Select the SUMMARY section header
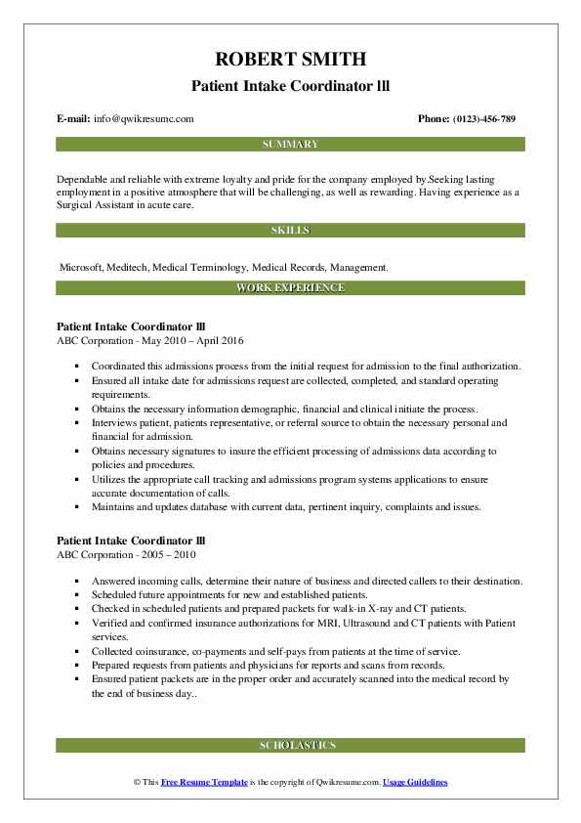(290, 144)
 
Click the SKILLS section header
(290, 231)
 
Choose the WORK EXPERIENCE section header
(290, 288)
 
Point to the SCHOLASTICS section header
(290, 745)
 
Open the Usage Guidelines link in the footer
(415, 783)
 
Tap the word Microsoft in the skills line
(81, 266)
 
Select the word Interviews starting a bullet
(118, 423)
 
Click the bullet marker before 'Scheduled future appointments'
(77, 595)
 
